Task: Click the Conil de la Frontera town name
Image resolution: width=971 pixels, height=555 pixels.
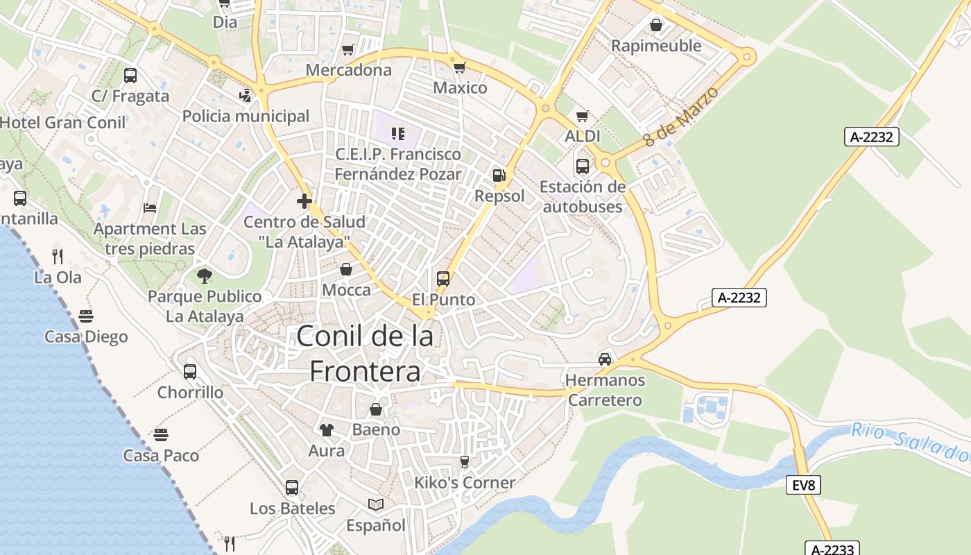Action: click(x=365, y=354)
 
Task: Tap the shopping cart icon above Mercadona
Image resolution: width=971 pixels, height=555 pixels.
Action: click(x=348, y=50)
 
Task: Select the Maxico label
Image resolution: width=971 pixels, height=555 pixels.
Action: click(x=460, y=88)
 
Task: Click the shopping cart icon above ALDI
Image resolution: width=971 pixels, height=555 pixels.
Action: click(x=583, y=116)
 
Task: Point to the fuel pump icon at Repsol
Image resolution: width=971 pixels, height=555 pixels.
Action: click(x=499, y=176)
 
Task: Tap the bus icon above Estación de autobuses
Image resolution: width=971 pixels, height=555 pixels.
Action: click(x=582, y=166)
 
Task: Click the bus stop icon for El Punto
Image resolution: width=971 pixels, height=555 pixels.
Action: click(x=443, y=279)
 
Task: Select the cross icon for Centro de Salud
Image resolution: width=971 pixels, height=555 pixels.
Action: click(x=304, y=202)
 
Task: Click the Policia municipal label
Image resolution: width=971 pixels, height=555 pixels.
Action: click(x=246, y=116)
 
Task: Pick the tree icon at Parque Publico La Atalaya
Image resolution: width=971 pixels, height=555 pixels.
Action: click(x=204, y=276)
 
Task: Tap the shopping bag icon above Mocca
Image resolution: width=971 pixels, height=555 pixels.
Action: click(x=346, y=269)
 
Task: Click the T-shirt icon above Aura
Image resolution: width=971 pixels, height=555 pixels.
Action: click(x=326, y=430)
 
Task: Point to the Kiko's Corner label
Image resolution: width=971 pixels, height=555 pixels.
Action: click(x=465, y=483)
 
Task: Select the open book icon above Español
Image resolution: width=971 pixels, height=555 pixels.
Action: click(x=375, y=505)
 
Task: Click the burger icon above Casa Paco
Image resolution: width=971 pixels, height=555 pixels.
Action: click(x=161, y=436)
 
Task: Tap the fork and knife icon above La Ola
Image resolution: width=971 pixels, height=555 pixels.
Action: click(x=58, y=257)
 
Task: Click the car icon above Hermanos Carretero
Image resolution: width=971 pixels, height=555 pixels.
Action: click(x=605, y=359)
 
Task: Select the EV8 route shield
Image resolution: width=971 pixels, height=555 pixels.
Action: click(x=803, y=485)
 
